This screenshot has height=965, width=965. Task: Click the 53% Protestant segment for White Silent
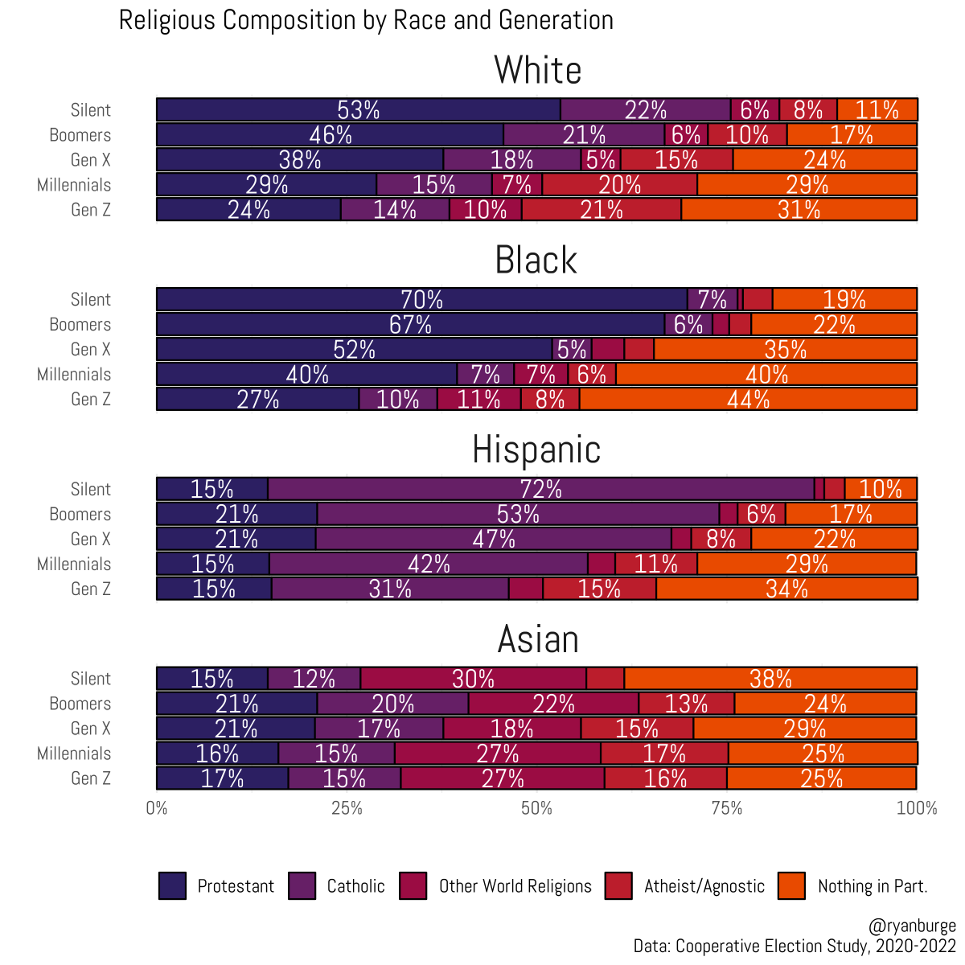point(358,110)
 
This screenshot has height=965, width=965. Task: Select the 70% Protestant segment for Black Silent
point(421,299)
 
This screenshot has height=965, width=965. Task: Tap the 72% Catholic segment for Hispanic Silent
point(540,489)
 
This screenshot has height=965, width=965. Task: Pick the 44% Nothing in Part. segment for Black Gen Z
point(748,399)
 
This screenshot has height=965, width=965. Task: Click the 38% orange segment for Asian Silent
point(770,679)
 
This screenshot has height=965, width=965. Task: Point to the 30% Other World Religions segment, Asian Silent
point(473,679)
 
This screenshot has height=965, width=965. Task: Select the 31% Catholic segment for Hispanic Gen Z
point(390,589)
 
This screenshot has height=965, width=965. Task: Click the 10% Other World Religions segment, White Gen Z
point(485,210)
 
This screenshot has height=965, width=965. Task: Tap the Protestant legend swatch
point(173,885)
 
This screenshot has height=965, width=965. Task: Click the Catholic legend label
point(355,886)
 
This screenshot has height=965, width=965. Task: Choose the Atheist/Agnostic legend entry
point(704,886)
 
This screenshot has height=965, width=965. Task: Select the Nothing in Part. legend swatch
point(792,885)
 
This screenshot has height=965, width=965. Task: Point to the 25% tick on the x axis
point(347,808)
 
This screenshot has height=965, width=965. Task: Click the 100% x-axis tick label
point(917,808)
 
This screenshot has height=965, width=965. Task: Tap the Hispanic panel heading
point(536,450)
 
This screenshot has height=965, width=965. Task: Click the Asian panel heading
point(538,639)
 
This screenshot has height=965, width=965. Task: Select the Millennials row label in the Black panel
point(74,375)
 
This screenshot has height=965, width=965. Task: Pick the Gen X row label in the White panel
point(90,160)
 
